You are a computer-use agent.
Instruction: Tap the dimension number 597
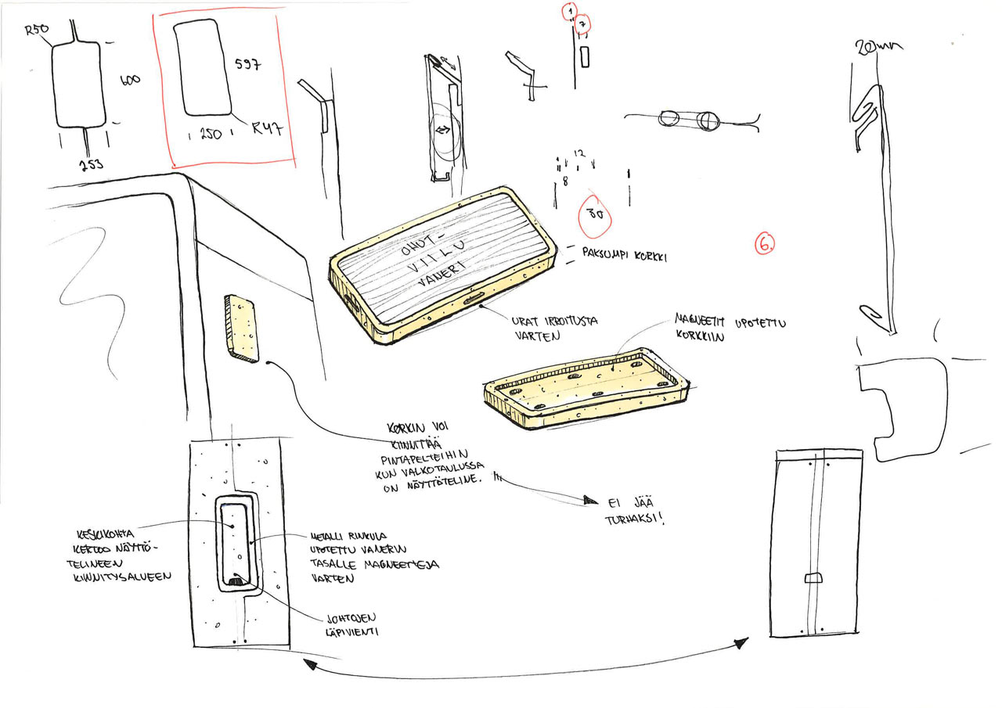coord(247,64)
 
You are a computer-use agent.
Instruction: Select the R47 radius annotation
coord(267,129)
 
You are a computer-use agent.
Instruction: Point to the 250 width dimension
coord(211,135)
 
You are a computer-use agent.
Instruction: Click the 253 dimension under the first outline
coord(91,164)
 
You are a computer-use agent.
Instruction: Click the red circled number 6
coord(765,243)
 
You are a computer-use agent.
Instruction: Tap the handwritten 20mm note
coord(878,49)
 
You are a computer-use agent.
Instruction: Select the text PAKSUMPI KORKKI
coord(624,255)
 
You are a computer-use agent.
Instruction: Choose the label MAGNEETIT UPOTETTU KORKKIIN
coord(730,329)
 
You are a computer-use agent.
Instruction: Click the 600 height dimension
coord(130,80)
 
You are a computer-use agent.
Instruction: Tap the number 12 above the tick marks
coord(578,153)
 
